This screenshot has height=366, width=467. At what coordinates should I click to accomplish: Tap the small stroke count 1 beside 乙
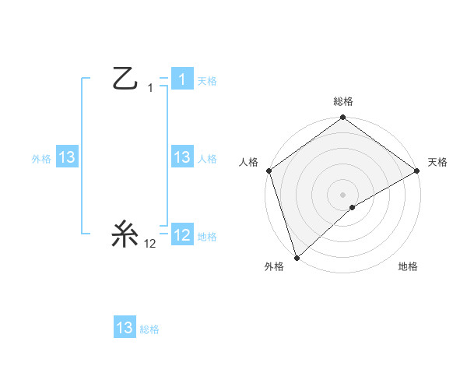click(x=150, y=88)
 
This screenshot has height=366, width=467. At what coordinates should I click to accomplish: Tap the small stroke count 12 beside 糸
click(x=150, y=244)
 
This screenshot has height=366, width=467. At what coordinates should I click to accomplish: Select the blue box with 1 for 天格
click(x=181, y=79)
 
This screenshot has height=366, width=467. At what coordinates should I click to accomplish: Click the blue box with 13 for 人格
click(x=181, y=157)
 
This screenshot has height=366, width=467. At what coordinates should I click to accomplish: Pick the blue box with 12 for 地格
click(x=181, y=235)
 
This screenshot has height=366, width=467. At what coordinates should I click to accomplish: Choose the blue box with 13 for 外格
click(x=66, y=157)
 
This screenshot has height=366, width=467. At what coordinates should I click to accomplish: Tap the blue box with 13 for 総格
click(x=125, y=328)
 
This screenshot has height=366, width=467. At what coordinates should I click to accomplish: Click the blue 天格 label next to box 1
click(x=207, y=80)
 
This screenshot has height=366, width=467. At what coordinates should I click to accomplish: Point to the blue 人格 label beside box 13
click(x=207, y=158)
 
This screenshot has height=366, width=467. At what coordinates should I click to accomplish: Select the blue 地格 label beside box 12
click(x=207, y=236)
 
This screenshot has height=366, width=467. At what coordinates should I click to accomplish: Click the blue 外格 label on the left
click(x=41, y=158)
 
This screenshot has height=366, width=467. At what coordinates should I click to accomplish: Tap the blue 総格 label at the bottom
click(x=149, y=329)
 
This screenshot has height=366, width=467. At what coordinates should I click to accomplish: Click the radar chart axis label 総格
click(x=342, y=101)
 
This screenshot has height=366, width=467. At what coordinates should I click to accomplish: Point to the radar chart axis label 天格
click(x=437, y=162)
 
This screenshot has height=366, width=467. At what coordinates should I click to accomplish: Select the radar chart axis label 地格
click(x=408, y=267)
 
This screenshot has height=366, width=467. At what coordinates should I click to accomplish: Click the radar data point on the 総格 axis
click(x=342, y=118)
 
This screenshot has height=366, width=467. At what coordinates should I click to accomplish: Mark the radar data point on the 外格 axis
click(x=297, y=257)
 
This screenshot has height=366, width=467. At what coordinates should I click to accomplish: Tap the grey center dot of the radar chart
click(x=342, y=194)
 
